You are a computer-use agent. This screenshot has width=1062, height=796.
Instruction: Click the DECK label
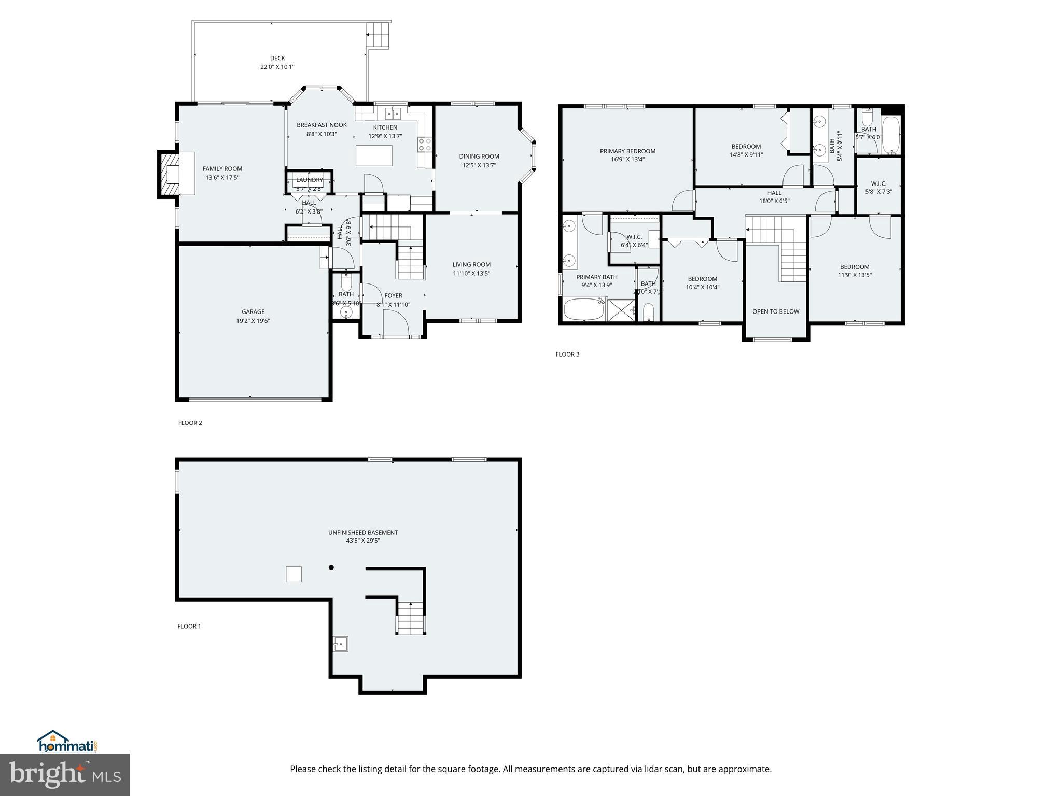pyautogui.click(x=277, y=58)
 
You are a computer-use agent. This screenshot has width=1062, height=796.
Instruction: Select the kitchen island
pyautogui.click(x=374, y=155)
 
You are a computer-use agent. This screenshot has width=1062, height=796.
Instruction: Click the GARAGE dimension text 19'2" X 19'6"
pyautogui.click(x=253, y=321)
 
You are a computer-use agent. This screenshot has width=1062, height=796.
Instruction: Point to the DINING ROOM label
pyautogui.click(x=479, y=156)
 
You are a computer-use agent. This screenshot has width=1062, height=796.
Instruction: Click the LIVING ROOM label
pyautogui.click(x=471, y=264)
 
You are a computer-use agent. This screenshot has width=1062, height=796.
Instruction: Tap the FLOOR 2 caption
pyautogui.click(x=190, y=423)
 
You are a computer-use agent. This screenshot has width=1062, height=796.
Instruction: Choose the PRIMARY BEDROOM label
pyautogui.click(x=627, y=151)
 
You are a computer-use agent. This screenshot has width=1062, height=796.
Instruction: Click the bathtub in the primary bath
pyautogui.click(x=584, y=309)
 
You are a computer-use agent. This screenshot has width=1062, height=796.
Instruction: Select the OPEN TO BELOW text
pyautogui.click(x=776, y=311)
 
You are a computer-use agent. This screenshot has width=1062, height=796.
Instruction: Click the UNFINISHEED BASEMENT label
pyautogui.click(x=363, y=532)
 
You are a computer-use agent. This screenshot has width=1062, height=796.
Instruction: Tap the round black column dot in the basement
pyautogui.click(x=331, y=567)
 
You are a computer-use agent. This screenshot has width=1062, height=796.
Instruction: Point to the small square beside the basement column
pyautogui.click(x=294, y=574)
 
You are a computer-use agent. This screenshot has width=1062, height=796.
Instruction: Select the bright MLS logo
pyautogui.click(x=65, y=774)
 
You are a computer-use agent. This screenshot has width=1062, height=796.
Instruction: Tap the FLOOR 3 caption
pyautogui.click(x=567, y=354)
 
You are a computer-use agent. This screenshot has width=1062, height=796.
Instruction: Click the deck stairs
pyautogui.click(x=378, y=35)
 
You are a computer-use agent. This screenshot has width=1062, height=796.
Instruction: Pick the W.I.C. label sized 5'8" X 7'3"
pyautogui.click(x=878, y=183)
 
